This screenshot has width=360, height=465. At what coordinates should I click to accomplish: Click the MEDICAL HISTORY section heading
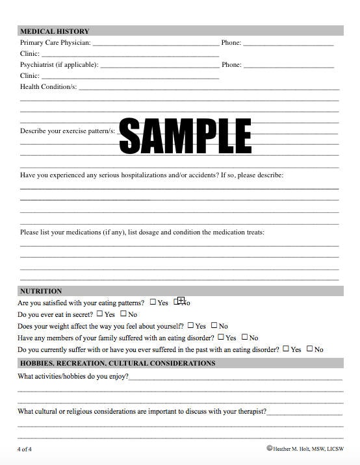point(55,31)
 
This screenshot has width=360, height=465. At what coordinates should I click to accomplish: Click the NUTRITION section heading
point(41,291)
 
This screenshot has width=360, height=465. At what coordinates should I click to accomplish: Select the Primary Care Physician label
point(55,43)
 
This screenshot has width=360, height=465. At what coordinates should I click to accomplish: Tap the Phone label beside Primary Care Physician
point(231,43)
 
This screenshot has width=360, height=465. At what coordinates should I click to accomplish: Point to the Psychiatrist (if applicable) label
point(59,65)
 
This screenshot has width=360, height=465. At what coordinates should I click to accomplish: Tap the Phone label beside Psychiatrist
point(231,65)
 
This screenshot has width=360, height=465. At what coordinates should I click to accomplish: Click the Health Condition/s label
point(48,86)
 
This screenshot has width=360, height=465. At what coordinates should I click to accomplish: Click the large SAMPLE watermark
point(185,135)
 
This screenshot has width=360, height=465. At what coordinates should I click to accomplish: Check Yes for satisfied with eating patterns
point(153,302)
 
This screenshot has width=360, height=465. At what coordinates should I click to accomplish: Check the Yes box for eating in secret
point(100,314)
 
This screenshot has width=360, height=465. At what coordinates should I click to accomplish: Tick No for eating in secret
point(123,314)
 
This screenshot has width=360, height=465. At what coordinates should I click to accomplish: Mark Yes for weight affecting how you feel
point(191,325)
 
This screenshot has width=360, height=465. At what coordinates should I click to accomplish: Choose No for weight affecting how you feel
point(214,325)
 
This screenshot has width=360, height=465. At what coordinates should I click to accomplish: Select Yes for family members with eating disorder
point(222,337)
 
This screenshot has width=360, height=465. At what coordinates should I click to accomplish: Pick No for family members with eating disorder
point(245,337)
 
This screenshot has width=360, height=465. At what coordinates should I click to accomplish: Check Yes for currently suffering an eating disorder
point(286,349)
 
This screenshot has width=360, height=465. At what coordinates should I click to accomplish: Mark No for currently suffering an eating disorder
point(310,349)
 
